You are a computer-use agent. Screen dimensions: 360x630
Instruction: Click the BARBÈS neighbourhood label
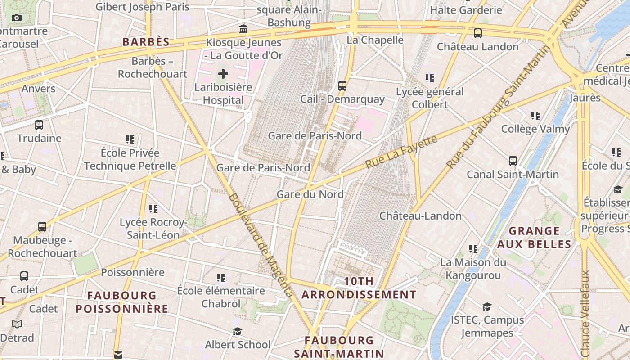146,42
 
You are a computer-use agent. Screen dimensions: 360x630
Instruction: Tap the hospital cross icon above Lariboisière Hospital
223,74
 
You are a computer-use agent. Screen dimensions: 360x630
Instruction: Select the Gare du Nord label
310,194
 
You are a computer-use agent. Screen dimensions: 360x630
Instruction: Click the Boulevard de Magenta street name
261,245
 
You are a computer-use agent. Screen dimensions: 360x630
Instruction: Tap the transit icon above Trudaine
39,125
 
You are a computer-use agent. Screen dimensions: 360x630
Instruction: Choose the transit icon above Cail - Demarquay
342,86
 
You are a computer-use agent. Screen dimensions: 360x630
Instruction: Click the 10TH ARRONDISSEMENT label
359,288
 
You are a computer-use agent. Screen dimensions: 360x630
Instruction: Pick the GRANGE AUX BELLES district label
534,238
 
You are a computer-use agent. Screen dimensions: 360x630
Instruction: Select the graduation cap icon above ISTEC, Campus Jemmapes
487,307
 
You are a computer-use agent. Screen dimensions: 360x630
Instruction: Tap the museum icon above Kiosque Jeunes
243,29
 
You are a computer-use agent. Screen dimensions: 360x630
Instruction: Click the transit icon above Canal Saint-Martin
513,161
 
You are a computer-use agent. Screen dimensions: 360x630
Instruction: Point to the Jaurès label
585,98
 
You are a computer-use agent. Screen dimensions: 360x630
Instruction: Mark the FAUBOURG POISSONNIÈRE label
122,302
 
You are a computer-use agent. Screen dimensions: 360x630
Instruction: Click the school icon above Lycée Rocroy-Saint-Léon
153,209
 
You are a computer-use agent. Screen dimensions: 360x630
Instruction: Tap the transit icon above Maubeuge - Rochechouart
42,227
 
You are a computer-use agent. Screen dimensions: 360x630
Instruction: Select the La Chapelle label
374,40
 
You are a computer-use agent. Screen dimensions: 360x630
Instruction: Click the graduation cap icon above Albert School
237,332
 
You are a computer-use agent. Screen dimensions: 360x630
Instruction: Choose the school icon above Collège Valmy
535,116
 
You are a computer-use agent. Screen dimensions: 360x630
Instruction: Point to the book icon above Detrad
17,324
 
